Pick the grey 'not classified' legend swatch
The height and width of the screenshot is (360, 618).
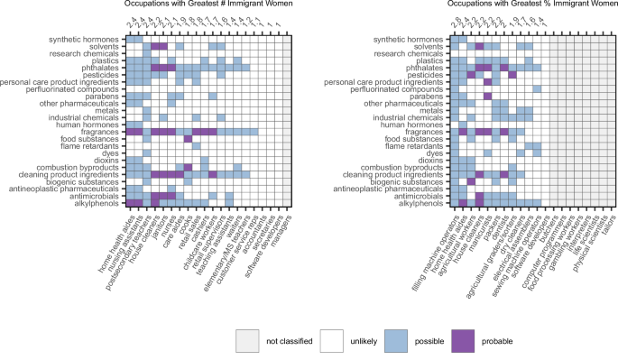click(249, 341)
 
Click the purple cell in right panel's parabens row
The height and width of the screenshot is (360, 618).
click(487, 93)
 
